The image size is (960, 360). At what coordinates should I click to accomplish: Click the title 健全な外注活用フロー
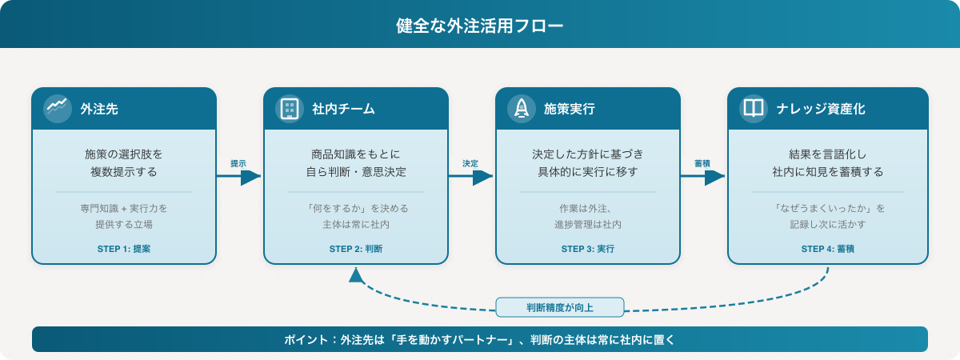pos(480,26)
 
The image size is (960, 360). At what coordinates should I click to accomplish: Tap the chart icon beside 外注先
pos(56,108)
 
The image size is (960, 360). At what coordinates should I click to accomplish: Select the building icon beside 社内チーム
pos(288,108)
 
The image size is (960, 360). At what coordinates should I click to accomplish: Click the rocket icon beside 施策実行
pos(521,108)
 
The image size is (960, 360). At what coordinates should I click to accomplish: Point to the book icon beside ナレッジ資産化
pos(753,108)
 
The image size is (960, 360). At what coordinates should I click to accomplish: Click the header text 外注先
pos(99,108)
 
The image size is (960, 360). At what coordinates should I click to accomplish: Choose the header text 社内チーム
pos(343,108)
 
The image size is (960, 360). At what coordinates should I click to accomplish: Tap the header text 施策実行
pos(569,108)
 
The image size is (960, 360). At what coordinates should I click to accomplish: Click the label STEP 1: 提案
pos(124,249)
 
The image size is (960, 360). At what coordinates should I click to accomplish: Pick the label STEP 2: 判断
pos(356,249)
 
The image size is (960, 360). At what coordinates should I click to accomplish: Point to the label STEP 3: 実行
pos(588,249)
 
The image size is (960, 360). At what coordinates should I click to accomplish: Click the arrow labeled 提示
pos(239,178)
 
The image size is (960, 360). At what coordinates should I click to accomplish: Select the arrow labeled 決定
pos(471,178)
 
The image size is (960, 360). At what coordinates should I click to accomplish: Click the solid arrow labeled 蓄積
pos(703,178)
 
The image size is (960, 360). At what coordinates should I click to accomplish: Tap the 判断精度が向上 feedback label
pos(560,307)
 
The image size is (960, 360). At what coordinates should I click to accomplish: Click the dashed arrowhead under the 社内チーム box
pos(356,274)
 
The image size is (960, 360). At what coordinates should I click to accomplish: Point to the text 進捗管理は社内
pos(588,225)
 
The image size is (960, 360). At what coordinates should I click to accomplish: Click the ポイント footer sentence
pos(480,339)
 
